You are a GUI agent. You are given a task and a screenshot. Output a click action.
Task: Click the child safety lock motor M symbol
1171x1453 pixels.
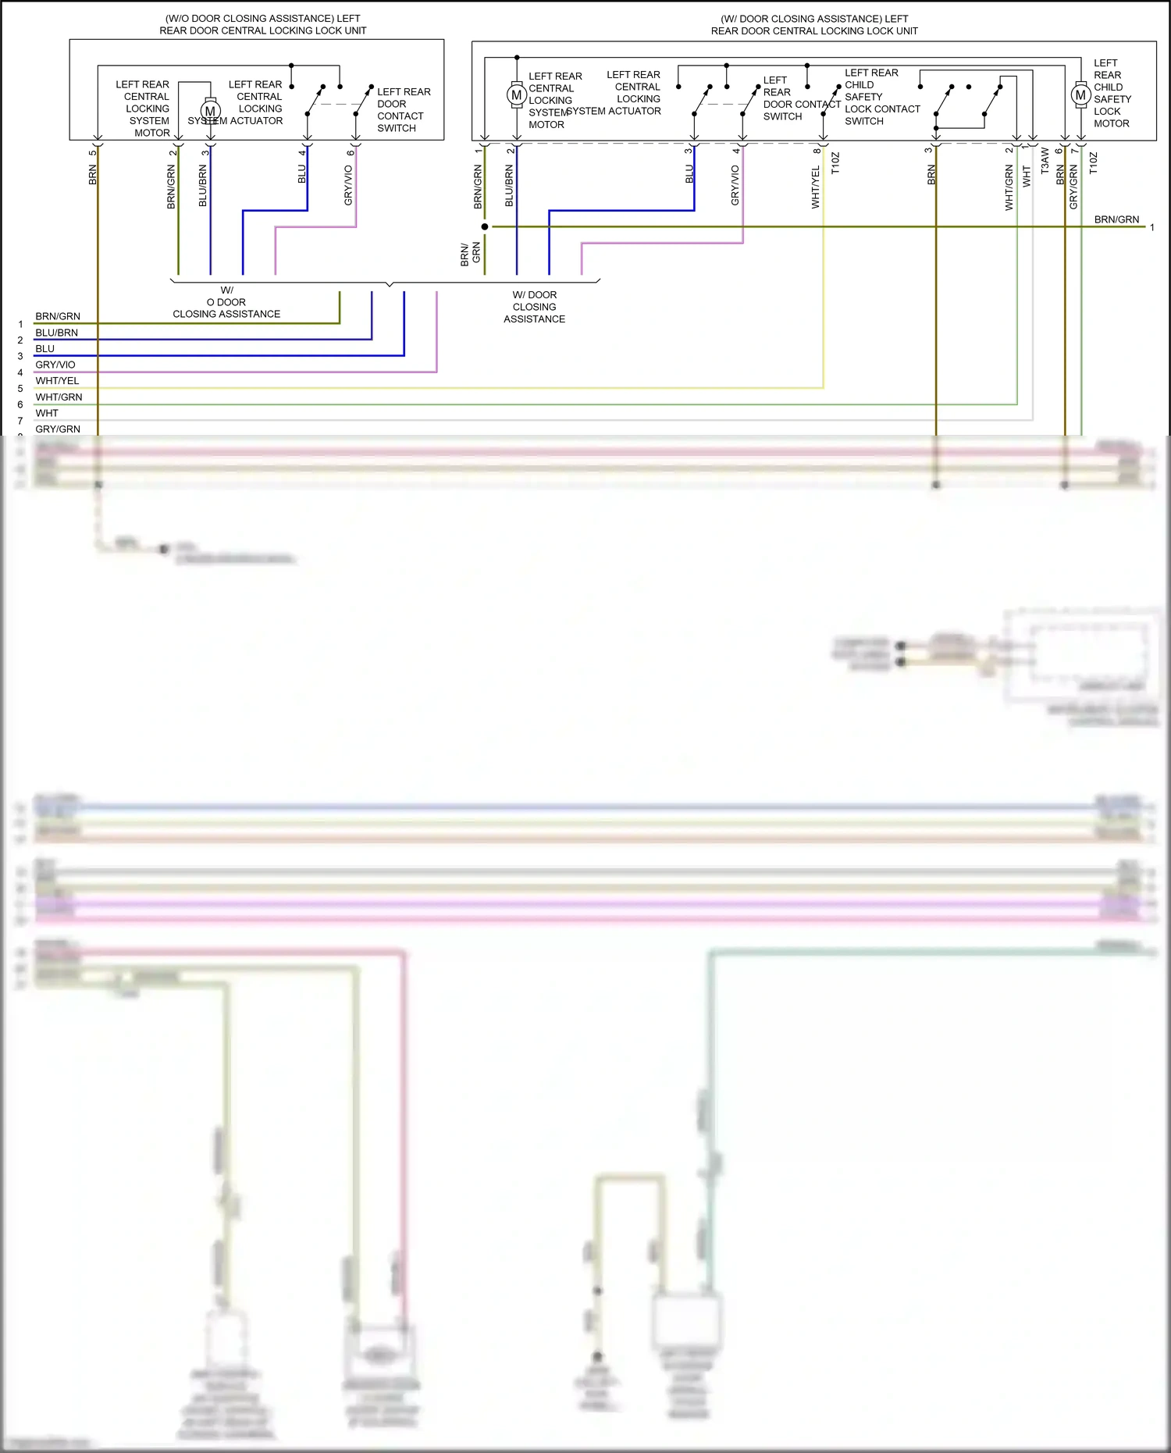tap(1080, 95)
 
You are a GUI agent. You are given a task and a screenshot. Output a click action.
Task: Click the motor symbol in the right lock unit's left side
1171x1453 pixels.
tap(516, 95)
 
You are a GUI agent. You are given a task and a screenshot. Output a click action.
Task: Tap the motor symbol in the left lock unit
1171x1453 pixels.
tap(210, 111)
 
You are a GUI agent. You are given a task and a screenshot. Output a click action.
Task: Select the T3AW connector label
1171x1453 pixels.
tap(1045, 161)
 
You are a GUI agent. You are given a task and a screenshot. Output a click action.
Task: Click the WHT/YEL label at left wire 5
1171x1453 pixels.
tap(57, 381)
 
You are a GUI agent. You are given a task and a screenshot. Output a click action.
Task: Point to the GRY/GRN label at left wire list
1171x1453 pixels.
tap(58, 429)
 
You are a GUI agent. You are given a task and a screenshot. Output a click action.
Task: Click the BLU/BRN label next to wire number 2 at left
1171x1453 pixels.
tap(56, 333)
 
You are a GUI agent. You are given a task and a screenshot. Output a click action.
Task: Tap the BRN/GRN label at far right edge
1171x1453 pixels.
tap(1116, 219)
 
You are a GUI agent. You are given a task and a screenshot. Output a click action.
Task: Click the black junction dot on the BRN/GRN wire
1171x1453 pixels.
tap(485, 227)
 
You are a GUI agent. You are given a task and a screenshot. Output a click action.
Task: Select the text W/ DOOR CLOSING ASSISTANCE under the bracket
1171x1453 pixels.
tap(535, 307)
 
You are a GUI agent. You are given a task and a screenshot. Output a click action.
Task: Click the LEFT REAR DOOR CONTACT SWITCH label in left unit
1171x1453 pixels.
tap(403, 110)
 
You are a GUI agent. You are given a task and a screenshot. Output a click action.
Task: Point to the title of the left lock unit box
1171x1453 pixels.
tap(263, 24)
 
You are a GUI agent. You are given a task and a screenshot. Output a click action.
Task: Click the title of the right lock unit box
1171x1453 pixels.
tap(814, 24)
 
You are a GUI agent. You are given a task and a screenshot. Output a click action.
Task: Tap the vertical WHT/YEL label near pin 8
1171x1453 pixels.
tap(816, 187)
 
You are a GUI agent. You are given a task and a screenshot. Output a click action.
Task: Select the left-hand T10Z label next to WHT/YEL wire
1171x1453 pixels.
tap(835, 163)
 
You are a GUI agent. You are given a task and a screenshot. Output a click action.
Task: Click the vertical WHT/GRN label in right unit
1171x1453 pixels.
tap(1009, 187)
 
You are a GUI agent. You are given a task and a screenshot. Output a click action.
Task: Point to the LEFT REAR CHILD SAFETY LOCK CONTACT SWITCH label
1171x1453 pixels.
tap(881, 97)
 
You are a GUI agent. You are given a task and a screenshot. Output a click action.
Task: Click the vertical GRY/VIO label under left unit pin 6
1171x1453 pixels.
tap(348, 186)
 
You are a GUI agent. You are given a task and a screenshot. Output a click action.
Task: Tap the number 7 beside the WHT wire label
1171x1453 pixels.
tap(20, 421)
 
